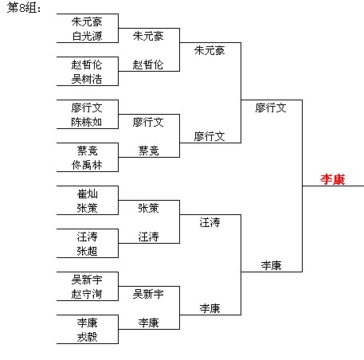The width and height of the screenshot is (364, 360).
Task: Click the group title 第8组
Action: tap(23, 7)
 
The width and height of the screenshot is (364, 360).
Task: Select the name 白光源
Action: tap(87, 36)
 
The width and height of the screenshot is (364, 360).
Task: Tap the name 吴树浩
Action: tap(87, 79)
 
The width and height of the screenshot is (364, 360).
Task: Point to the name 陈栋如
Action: tap(87, 122)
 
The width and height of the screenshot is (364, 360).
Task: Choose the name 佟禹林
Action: tap(87, 165)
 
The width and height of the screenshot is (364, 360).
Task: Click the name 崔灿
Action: tap(87, 194)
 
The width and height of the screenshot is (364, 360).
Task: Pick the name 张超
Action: tap(87, 251)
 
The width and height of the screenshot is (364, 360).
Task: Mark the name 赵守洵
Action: tap(87, 294)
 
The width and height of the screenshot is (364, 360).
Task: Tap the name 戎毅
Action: tap(87, 337)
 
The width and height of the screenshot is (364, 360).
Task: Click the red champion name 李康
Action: tap(332, 179)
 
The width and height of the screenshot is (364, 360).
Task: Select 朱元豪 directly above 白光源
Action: tap(87, 22)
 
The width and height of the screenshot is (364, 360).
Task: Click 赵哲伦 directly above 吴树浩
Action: tap(87, 65)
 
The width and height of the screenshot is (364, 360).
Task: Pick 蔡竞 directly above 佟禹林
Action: tap(87, 151)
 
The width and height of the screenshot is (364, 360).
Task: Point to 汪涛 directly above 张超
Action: tap(87, 237)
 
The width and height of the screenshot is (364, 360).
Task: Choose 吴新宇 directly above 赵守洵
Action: tap(87, 280)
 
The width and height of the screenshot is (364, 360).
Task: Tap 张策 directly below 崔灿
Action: tap(87, 208)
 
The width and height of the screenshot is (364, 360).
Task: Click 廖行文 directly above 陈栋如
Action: tap(87, 108)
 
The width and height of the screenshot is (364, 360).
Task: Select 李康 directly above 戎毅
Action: tap(87, 323)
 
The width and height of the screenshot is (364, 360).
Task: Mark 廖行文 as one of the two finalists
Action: tap(271, 108)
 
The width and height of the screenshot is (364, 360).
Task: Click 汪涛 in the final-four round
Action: tap(209, 222)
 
